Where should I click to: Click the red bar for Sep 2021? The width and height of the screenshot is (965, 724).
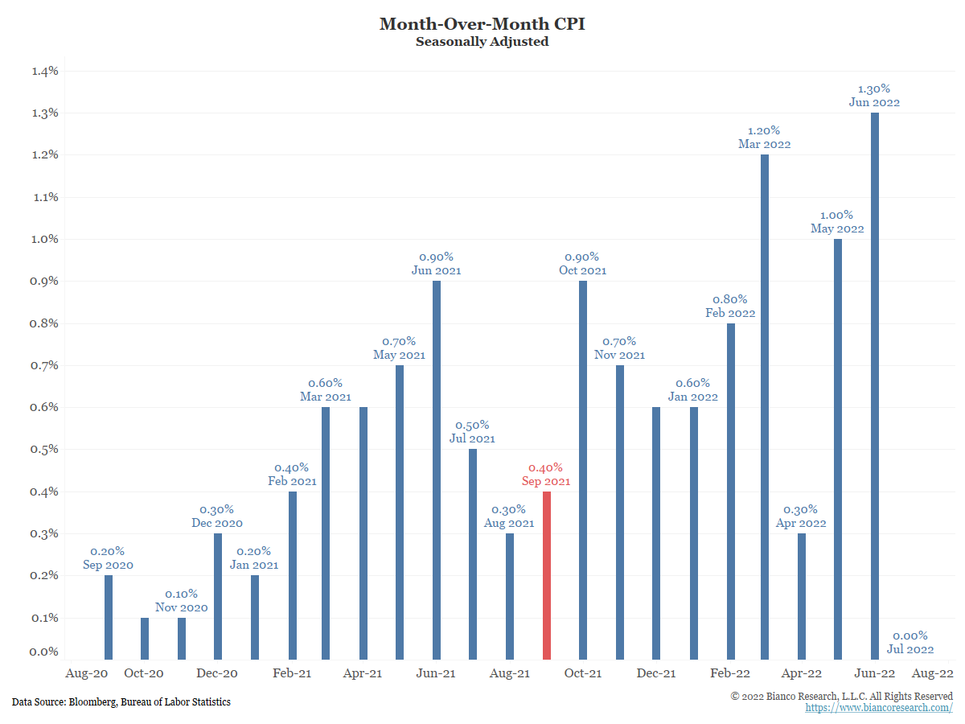point(547,575)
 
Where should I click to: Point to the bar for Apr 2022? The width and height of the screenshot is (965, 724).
point(801,596)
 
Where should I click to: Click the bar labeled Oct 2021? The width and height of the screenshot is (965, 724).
point(583,470)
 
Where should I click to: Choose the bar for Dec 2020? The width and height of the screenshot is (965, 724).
point(218,596)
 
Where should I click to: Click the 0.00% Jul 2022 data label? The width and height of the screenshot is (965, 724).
point(910,642)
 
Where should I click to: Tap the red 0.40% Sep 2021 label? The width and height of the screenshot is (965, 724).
point(546,475)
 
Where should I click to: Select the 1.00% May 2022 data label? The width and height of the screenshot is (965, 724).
point(837,222)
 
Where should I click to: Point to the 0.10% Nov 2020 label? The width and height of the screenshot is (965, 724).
point(181,600)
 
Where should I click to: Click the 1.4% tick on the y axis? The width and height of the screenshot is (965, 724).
point(45,71)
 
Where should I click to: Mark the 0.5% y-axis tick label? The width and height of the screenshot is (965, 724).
point(45,449)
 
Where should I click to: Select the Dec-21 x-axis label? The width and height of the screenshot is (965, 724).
point(656,673)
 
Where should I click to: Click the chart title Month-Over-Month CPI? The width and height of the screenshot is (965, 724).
point(482,24)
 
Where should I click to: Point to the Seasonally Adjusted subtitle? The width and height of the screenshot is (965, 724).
point(482,42)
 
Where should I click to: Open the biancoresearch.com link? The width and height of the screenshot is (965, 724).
point(879,708)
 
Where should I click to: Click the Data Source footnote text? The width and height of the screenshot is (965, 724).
point(121,702)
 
